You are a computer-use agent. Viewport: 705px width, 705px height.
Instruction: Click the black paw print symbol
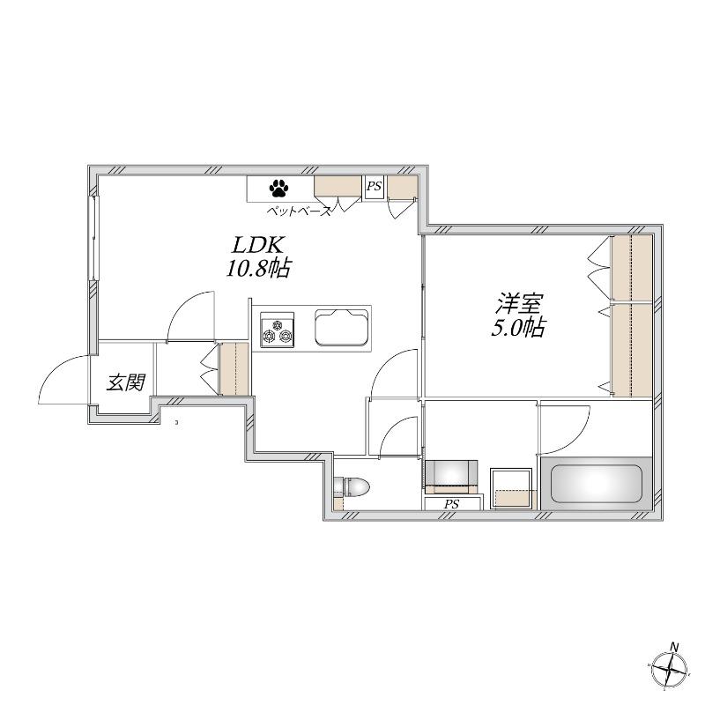[278, 189]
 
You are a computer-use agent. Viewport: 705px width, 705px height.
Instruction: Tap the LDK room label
[256, 246]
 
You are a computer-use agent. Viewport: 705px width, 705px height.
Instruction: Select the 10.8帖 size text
[257, 269]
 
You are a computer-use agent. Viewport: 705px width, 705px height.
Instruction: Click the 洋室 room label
[519, 304]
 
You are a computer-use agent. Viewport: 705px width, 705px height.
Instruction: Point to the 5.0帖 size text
[518, 327]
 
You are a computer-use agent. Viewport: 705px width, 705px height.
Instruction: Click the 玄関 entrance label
[126, 382]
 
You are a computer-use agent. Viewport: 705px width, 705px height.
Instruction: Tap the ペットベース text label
[300, 211]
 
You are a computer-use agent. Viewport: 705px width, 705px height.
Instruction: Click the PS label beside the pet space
[374, 186]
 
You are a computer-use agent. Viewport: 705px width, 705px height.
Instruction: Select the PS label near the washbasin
[451, 504]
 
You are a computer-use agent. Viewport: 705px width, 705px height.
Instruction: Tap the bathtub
[597, 484]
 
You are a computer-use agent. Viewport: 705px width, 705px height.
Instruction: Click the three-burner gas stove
[278, 330]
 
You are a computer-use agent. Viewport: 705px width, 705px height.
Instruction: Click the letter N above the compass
[674, 647]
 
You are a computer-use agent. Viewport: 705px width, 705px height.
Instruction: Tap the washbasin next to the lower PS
[451, 477]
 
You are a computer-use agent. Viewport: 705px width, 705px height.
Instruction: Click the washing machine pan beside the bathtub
[511, 489]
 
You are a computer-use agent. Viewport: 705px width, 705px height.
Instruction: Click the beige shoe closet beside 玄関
[234, 369]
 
